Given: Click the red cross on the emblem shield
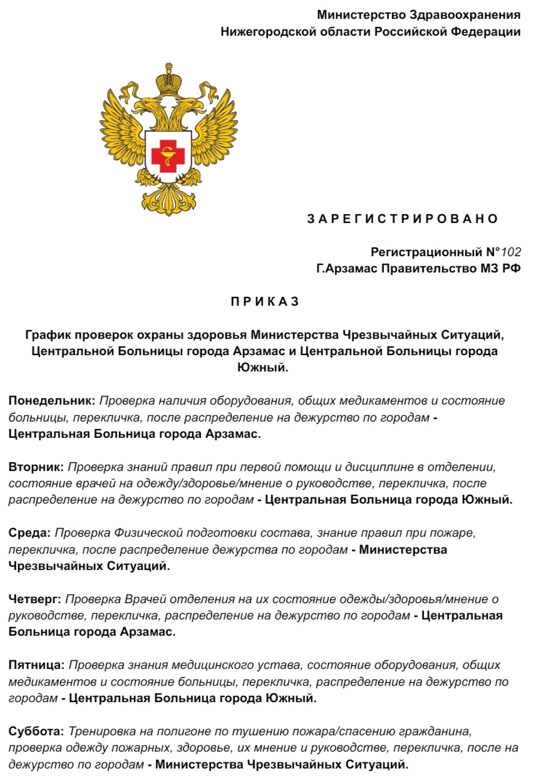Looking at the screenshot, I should [168, 152].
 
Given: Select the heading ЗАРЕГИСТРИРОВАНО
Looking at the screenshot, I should [402, 219].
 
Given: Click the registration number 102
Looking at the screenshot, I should [511, 252].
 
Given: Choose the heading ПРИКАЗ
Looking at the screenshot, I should [266, 301].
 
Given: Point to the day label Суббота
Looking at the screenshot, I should [36, 731].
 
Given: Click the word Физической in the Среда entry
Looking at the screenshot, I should [143, 532].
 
